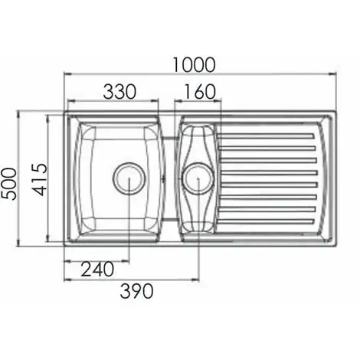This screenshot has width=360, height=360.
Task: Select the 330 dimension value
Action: (119, 92)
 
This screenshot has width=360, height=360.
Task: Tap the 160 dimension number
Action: (200, 92)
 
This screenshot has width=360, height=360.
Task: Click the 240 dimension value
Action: (97, 269)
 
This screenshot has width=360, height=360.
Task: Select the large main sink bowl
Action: (119, 178)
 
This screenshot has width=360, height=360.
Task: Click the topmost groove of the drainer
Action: (267, 136)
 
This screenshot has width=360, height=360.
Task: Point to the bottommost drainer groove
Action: (267, 221)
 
